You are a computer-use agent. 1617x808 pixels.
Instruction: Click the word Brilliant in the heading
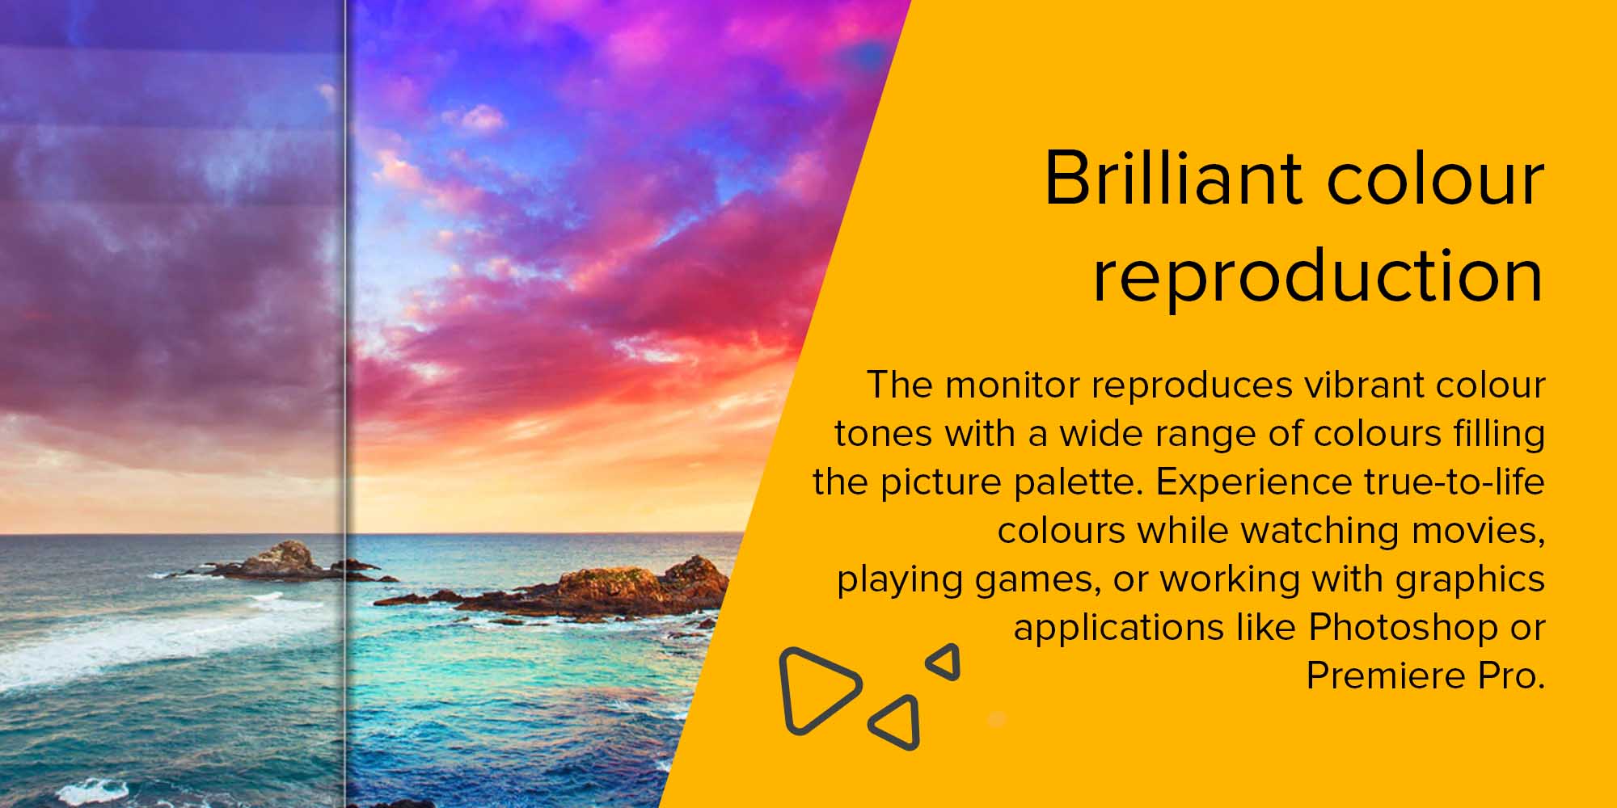click(x=1173, y=179)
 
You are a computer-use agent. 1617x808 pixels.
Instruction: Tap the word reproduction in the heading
click(x=1318, y=276)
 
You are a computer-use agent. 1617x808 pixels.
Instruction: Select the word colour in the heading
click(x=1436, y=179)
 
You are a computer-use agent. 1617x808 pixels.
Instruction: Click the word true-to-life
click(x=1454, y=482)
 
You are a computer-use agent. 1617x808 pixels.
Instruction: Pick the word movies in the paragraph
click(x=1478, y=532)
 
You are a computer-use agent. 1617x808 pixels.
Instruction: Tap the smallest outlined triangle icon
click(x=944, y=662)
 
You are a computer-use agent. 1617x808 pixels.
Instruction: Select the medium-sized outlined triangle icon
click(x=898, y=722)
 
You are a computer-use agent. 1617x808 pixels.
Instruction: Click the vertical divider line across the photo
click(x=346, y=404)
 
